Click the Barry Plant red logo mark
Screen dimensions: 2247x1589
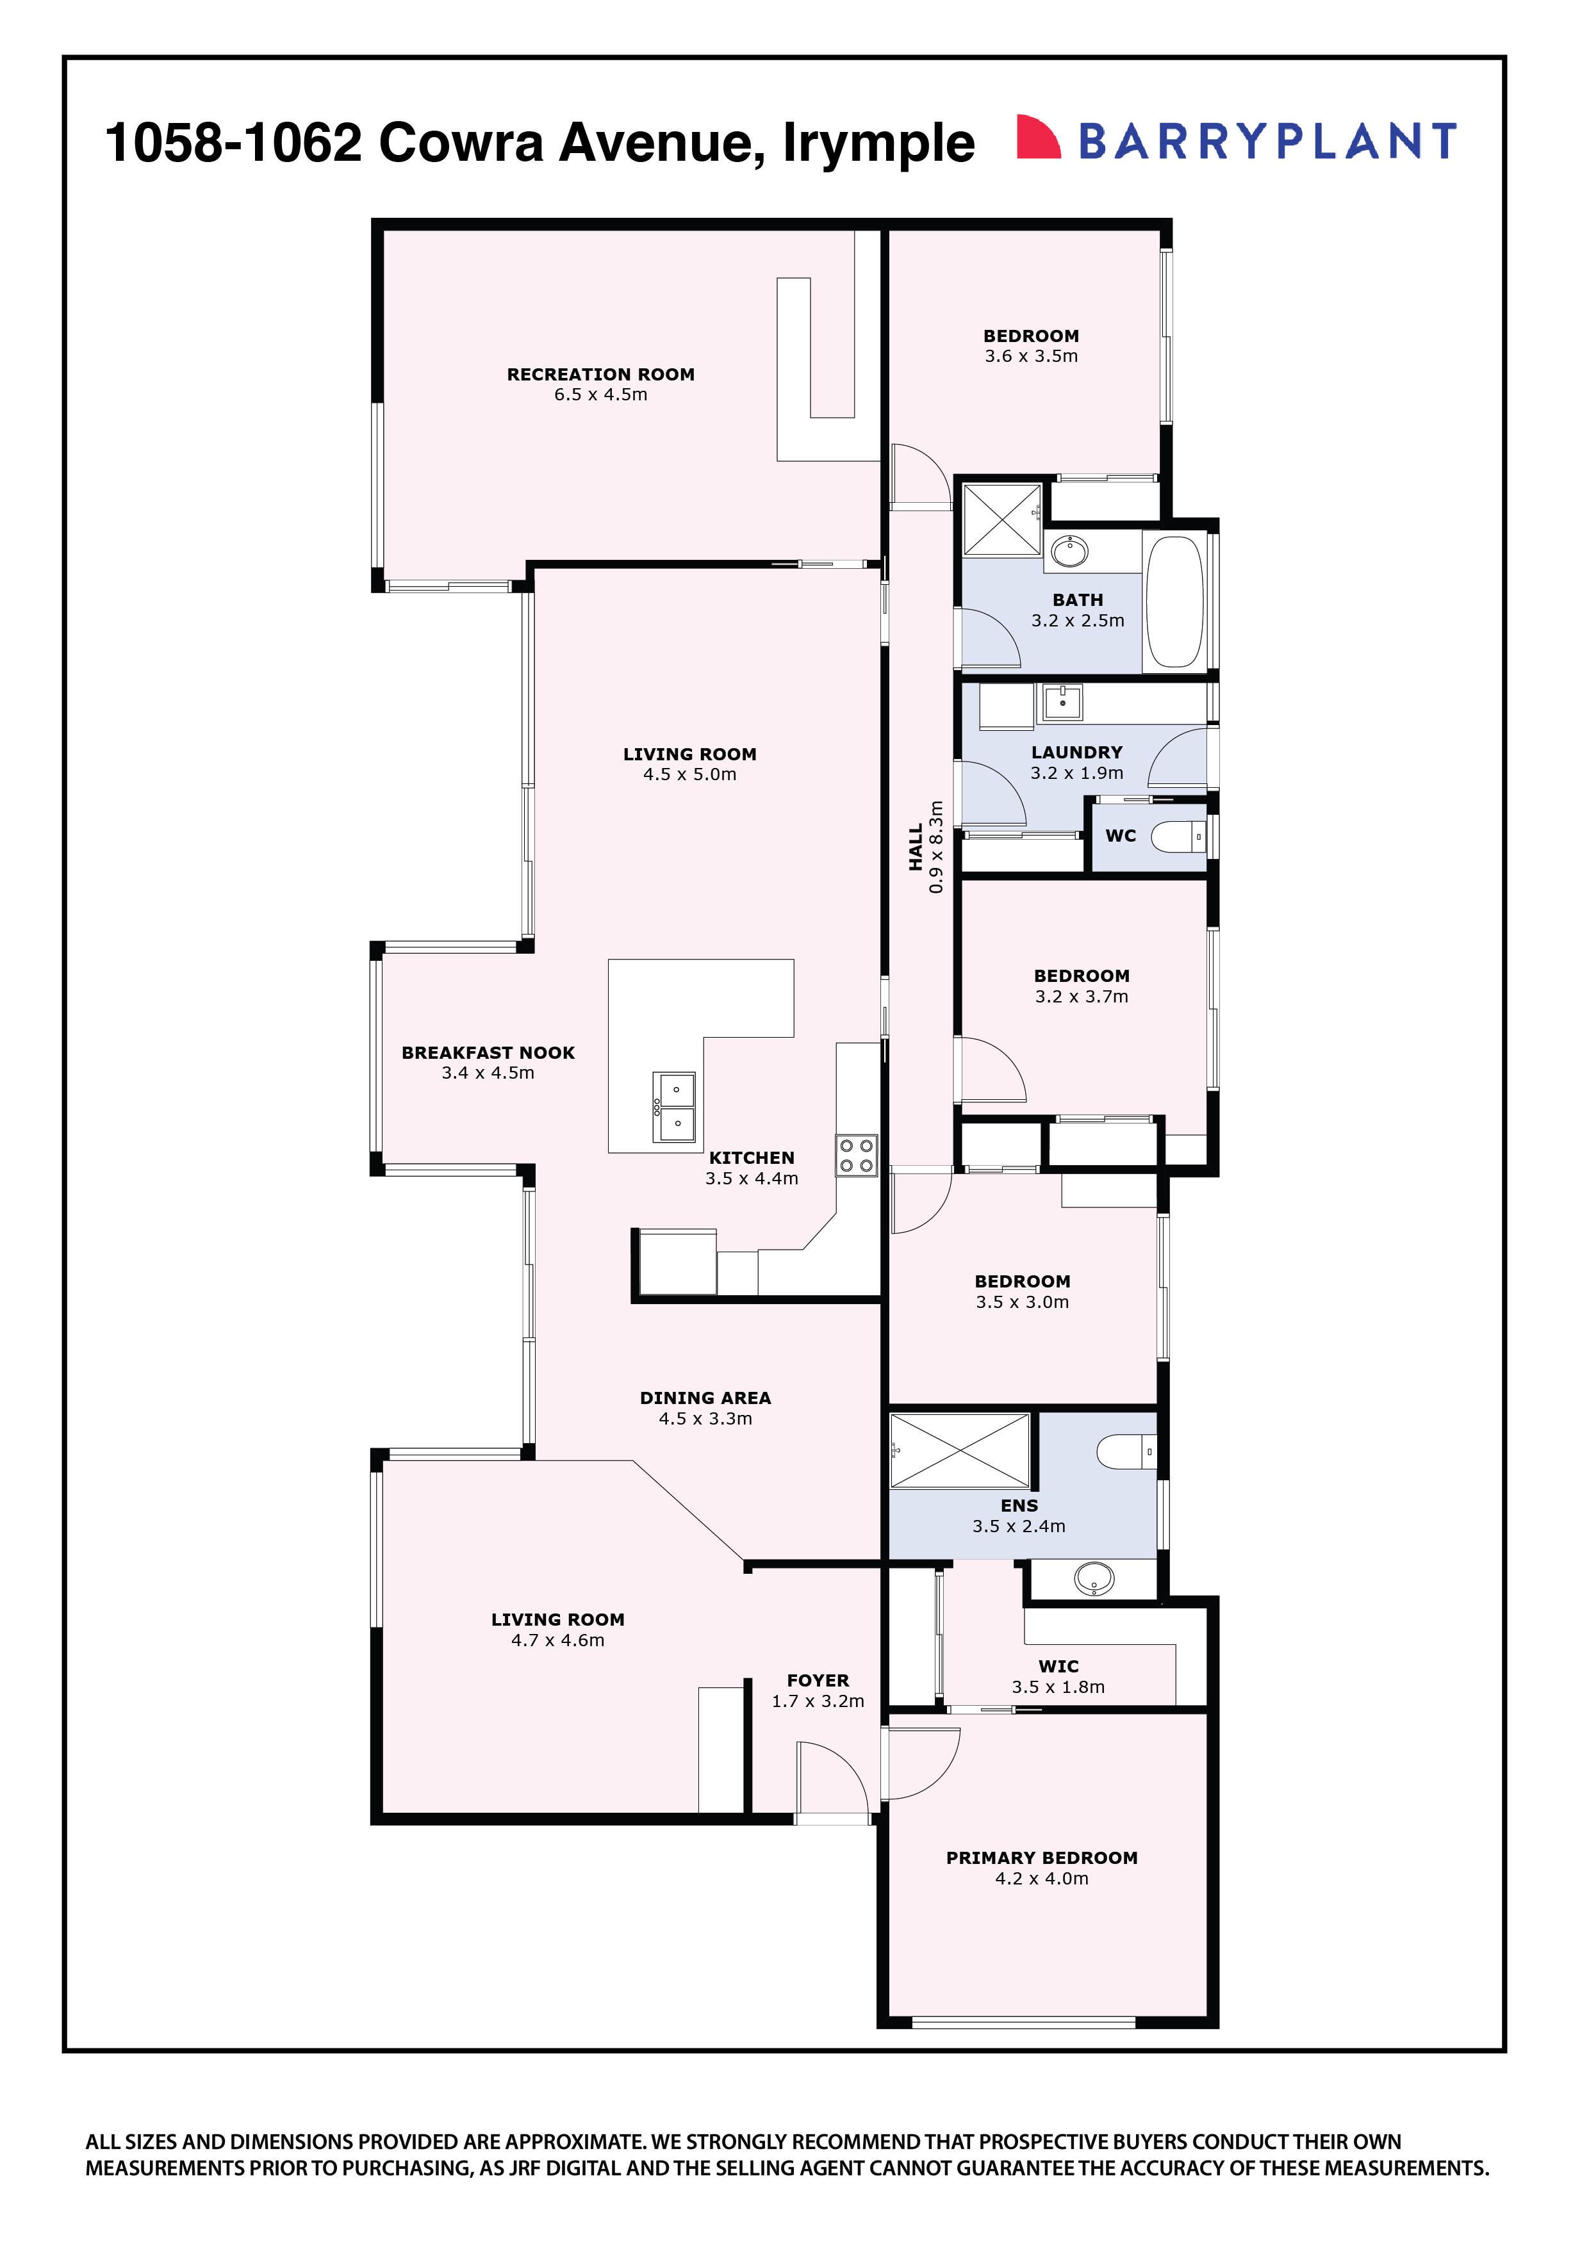point(1038,137)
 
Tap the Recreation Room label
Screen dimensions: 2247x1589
point(600,374)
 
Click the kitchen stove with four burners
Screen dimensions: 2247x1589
point(856,1155)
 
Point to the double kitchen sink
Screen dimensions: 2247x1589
point(675,1107)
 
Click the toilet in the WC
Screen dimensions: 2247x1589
point(1178,837)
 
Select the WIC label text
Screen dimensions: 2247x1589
point(1058,1665)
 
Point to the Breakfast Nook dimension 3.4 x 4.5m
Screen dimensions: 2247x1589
point(488,1073)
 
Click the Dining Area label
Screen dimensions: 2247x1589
point(705,1398)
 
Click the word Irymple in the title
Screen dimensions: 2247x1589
point(878,143)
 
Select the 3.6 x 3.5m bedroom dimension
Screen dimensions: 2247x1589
point(1031,356)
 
